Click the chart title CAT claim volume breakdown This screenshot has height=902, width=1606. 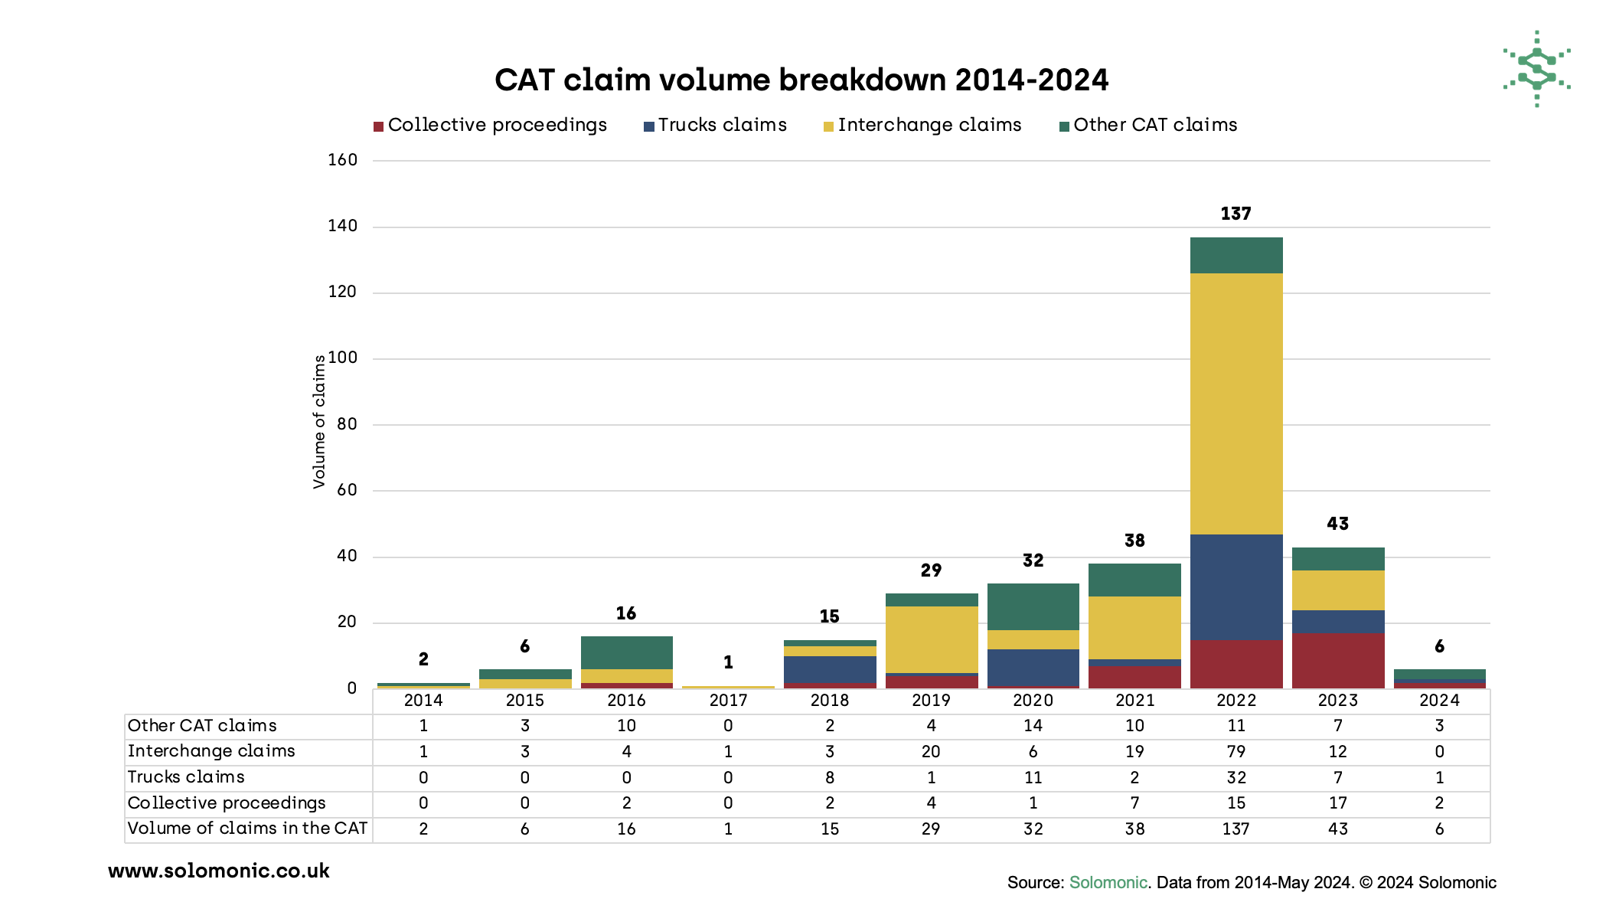[x=801, y=80]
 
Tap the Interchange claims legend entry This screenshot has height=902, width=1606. [x=922, y=125]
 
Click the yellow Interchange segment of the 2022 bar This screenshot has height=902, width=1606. [x=1236, y=404]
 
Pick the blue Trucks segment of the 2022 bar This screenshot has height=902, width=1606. [x=1236, y=587]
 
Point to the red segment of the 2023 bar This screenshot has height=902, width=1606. [x=1337, y=661]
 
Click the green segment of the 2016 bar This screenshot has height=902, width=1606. [x=626, y=652]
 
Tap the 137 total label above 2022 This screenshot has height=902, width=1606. [x=1236, y=214]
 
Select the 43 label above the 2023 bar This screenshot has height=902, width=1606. [x=1337, y=524]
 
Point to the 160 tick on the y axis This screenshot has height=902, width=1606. [x=342, y=160]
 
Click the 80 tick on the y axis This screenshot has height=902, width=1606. [x=347, y=424]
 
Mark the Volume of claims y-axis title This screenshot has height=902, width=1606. [x=319, y=422]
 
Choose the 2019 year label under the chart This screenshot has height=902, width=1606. [x=931, y=700]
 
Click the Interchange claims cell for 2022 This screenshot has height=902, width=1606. [x=1236, y=751]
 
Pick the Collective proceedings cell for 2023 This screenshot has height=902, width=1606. [x=1337, y=802]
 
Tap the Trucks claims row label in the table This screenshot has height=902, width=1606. [x=186, y=777]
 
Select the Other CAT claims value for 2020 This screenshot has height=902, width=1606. [x=1033, y=726]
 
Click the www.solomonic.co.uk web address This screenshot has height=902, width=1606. [x=219, y=871]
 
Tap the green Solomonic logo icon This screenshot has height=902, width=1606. [x=1536, y=69]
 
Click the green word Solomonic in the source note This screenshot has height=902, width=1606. [x=1108, y=882]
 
